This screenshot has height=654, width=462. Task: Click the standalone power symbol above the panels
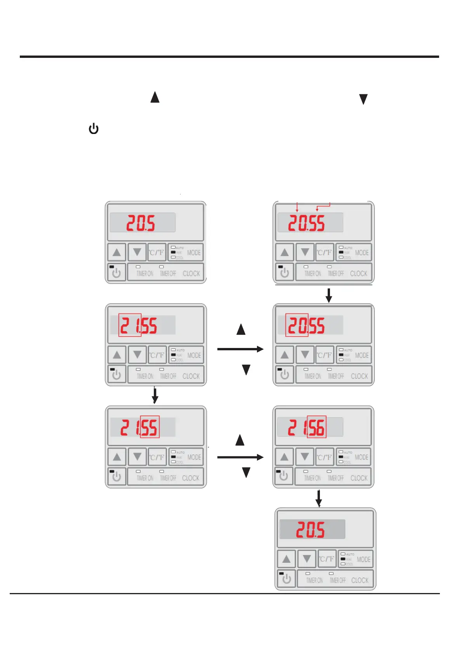tap(94, 129)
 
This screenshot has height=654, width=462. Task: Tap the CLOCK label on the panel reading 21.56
tap(359, 478)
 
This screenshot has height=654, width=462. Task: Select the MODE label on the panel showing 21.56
tap(361, 457)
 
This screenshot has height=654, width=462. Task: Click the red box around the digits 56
tap(316, 427)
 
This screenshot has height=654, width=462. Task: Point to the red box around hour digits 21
tap(130, 325)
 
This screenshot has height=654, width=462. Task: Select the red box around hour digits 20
tap(297, 325)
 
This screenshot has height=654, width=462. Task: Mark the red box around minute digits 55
tap(150, 427)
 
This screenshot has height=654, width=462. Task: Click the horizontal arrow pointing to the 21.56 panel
tap(240, 457)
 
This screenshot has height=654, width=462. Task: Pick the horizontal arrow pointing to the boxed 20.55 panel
tap(240, 349)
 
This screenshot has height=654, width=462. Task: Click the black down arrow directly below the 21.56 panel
tap(319, 498)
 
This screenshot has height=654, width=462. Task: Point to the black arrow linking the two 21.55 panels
tap(155, 395)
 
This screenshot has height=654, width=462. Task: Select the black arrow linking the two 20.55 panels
tap(329, 295)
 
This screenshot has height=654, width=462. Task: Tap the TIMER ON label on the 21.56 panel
tap(313, 478)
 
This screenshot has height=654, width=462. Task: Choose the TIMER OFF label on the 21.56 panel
tap(336, 478)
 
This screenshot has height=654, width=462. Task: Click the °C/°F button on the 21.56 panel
tap(325, 457)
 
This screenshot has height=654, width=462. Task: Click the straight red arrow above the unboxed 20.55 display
tap(297, 207)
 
